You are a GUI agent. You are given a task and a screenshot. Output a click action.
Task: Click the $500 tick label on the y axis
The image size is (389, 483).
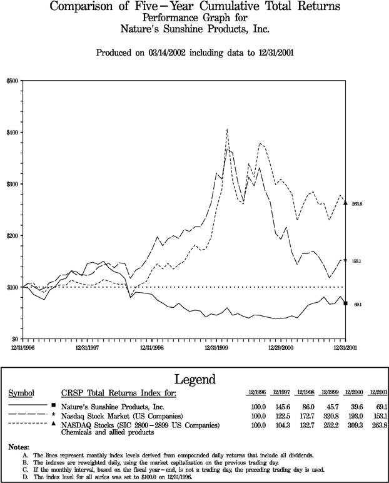(13, 81)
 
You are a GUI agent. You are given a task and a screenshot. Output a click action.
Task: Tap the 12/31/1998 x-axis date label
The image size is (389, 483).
(152, 345)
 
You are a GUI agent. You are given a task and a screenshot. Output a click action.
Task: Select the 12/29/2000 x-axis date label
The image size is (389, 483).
(280, 345)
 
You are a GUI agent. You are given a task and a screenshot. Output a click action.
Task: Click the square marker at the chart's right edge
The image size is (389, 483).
(346, 303)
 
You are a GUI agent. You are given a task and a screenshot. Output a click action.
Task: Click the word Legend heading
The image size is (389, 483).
(194, 379)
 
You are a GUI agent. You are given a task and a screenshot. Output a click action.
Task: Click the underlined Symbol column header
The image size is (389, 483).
(20, 393)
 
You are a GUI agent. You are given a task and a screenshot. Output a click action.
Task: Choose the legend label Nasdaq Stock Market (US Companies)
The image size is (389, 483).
(122, 415)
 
